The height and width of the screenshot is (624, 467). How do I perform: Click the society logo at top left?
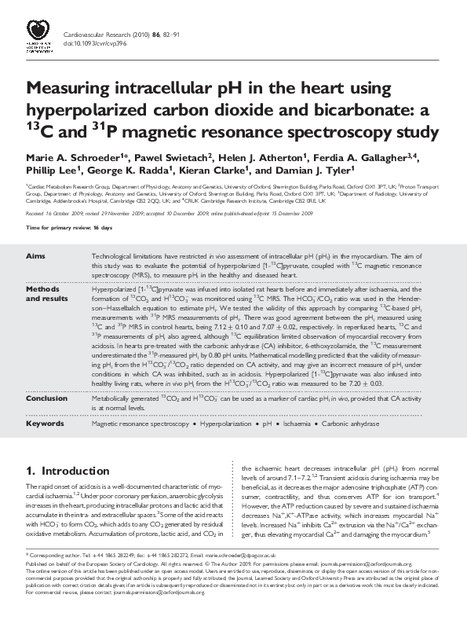click(x=38, y=36)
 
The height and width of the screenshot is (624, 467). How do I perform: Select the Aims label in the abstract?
click(x=35, y=256)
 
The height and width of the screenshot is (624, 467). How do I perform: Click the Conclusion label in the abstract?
click(x=46, y=398)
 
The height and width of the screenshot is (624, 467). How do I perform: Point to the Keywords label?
click(x=45, y=423)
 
